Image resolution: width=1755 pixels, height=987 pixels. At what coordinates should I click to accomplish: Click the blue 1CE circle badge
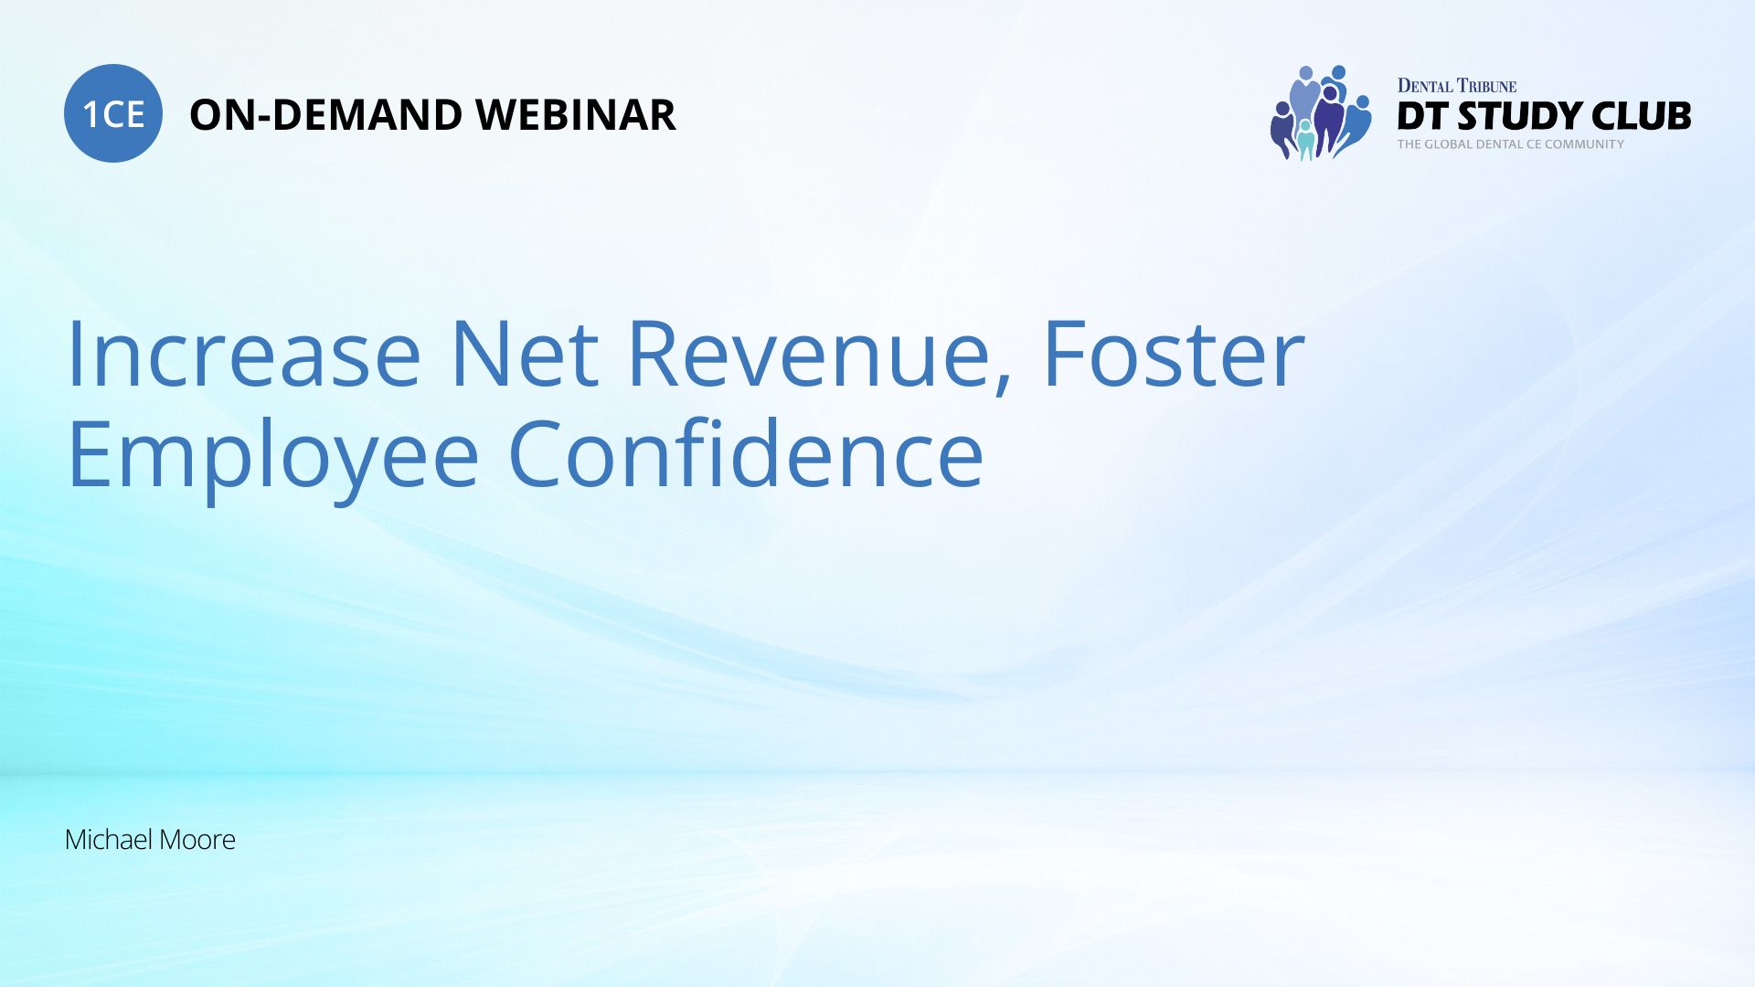[113, 113]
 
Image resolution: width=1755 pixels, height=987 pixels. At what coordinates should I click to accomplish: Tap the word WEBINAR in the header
[576, 115]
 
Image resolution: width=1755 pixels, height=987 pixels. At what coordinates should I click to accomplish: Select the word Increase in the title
[244, 355]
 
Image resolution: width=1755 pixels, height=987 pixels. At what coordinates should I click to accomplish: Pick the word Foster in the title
[1174, 355]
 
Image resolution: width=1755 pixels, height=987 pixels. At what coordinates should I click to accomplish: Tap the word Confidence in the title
[746, 453]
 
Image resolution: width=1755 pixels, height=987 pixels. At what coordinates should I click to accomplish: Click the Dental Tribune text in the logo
[1457, 86]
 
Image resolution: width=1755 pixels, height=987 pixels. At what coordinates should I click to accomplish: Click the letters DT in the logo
[1423, 116]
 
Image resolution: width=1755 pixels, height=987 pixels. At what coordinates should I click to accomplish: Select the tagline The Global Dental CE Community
[1511, 143]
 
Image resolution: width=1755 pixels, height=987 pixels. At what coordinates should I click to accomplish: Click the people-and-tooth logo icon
[1321, 113]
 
